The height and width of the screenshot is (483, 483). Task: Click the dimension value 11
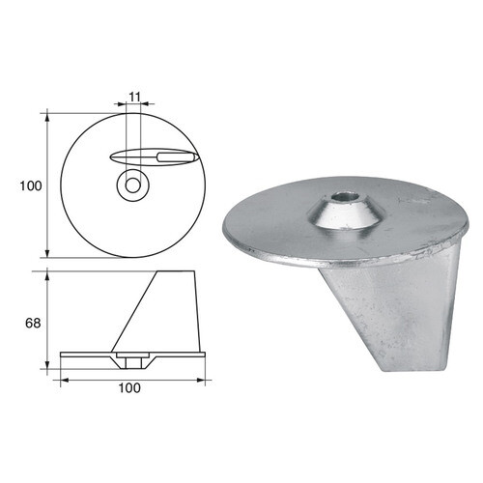[133, 98]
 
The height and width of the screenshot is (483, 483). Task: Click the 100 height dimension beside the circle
[30, 185]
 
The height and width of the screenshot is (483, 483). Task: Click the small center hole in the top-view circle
[130, 185]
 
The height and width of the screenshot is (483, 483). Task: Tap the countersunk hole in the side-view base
[130, 360]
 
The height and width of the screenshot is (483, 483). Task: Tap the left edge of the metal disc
[224, 217]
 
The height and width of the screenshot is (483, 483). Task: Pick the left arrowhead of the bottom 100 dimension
[64, 379]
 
